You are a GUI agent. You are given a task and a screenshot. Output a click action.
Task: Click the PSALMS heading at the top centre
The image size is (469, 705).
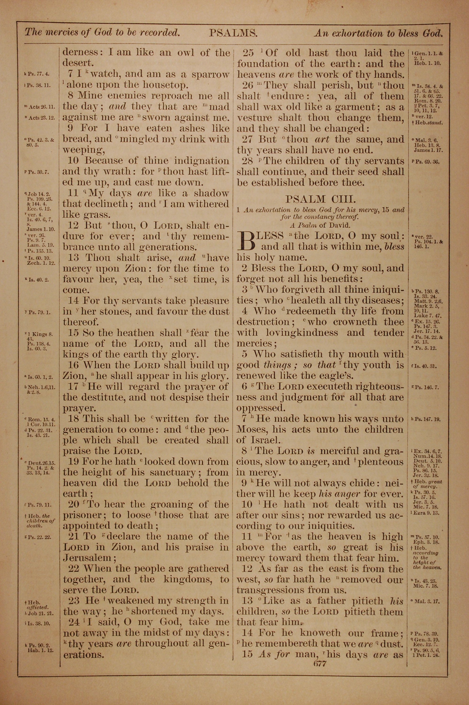click(x=233, y=33)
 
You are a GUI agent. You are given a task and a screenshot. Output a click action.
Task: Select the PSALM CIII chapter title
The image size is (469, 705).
click(x=320, y=199)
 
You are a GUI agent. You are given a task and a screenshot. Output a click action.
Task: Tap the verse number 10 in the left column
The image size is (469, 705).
click(x=73, y=161)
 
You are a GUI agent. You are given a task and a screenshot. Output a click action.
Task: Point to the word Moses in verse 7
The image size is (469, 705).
click(x=251, y=429)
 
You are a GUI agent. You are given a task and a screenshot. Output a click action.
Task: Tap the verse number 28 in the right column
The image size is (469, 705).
click(x=247, y=161)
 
